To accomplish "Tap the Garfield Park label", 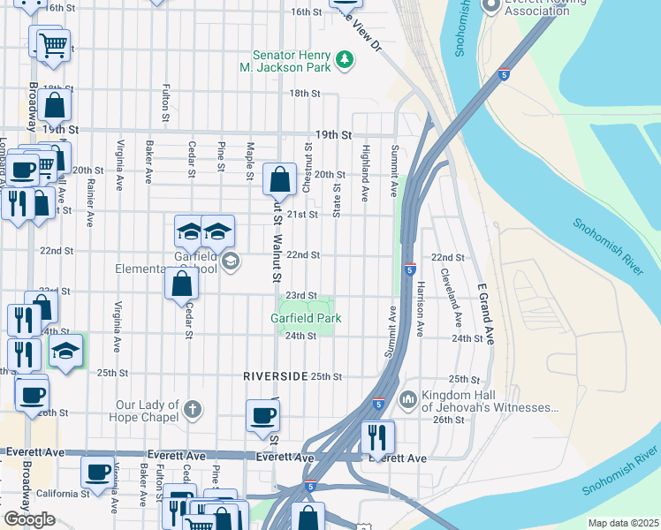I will [306, 318].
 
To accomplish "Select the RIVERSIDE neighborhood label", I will [276, 376].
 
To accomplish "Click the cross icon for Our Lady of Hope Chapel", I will [193, 410].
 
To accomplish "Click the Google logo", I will [29, 519].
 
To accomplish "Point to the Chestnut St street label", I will [307, 170].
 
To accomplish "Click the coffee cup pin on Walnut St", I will [262, 416].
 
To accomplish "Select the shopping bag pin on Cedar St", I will [181, 284].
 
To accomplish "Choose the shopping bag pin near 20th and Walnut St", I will [279, 179].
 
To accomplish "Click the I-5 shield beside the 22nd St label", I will [410, 268].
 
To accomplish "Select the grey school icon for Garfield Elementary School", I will [231, 260].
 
